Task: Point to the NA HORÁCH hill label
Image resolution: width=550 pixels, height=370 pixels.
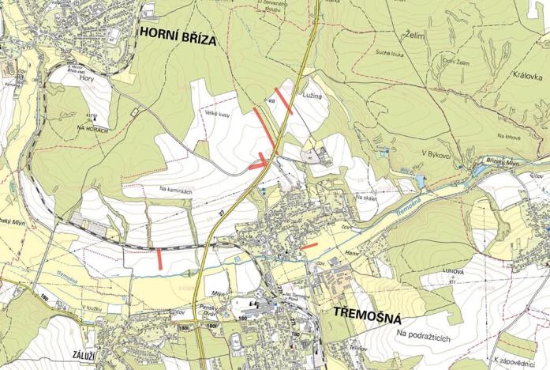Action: coord(92,127)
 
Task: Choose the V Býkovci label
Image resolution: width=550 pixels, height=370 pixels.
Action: coord(436,155)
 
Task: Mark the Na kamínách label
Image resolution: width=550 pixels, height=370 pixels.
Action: coord(176,190)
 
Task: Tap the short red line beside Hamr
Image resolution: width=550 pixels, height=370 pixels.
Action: coord(309,247)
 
